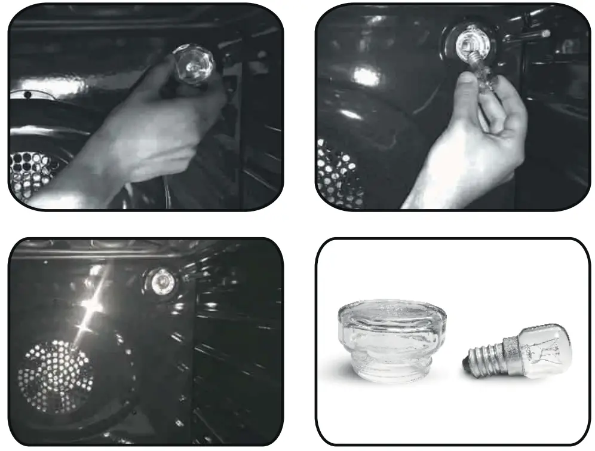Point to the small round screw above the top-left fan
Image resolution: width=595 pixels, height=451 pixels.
pos(27,94)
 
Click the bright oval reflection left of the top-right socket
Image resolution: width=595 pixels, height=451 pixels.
pos(366,76)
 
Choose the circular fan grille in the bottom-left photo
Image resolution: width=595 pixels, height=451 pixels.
pos(57,376)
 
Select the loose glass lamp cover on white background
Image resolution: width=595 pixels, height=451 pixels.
pos(391,340)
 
